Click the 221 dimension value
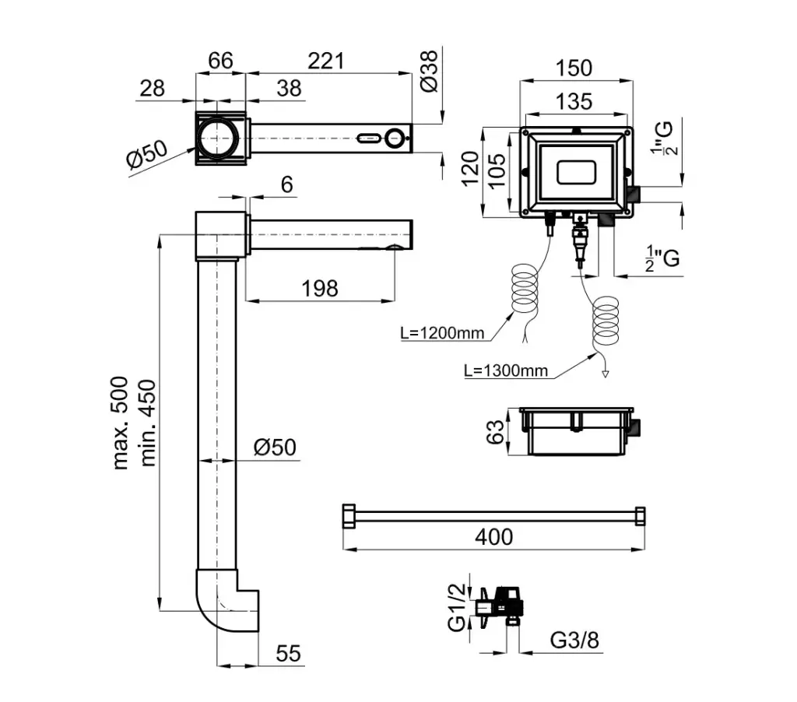(325, 61)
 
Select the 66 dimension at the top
(221, 61)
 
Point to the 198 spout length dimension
(320, 288)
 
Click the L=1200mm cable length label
(442, 334)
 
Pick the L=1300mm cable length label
(505, 371)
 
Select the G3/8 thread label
(574, 641)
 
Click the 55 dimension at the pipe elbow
(288, 654)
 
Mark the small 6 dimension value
(286, 184)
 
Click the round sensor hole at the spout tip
(395, 139)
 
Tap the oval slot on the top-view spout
(367, 139)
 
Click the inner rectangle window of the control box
(577, 172)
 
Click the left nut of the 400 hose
(348, 516)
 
